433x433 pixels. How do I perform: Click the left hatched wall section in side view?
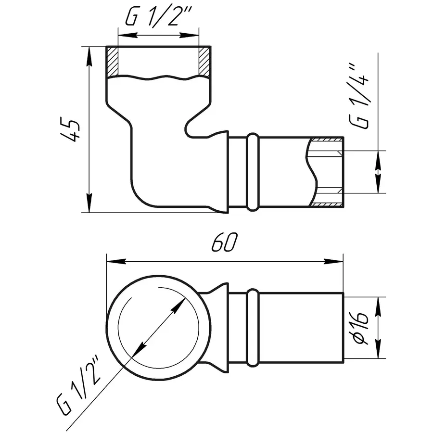point(113,62)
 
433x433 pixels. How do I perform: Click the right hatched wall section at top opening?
point(204,62)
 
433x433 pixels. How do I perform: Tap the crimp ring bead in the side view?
point(252,173)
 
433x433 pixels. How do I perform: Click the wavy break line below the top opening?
point(158,77)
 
